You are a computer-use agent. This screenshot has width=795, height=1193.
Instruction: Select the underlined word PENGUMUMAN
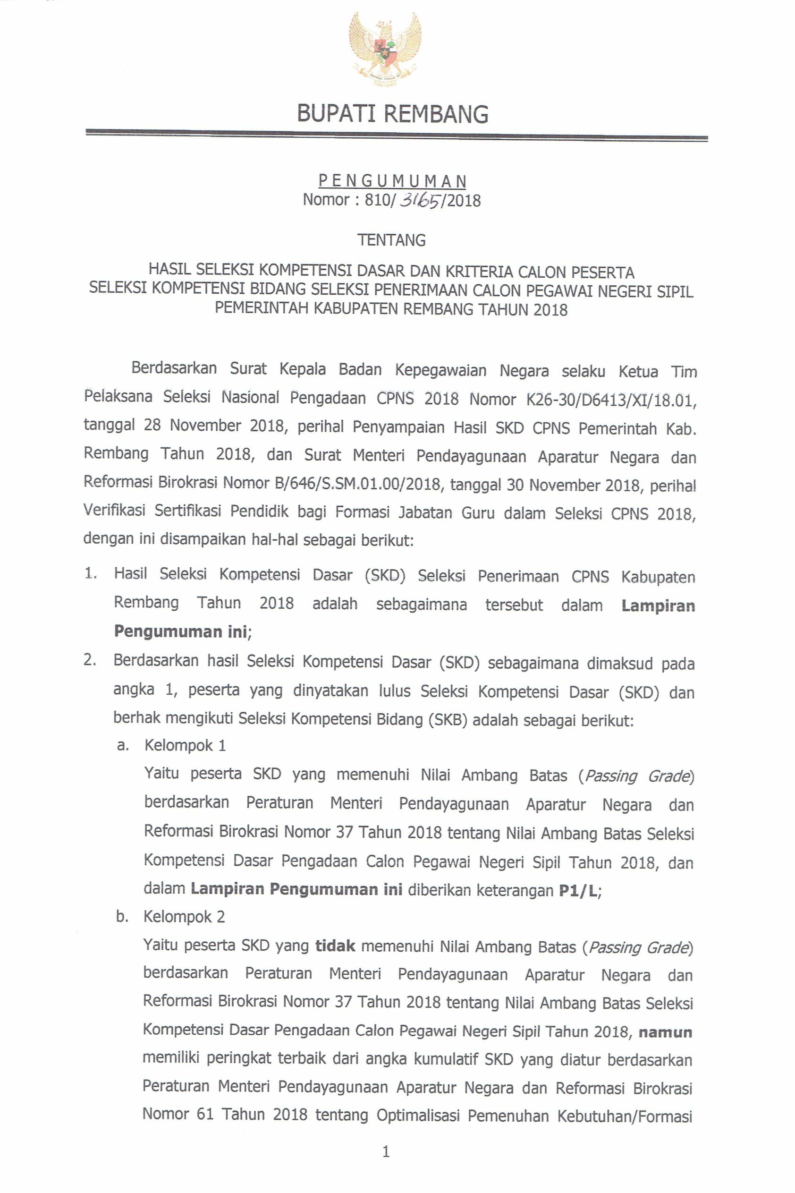392,180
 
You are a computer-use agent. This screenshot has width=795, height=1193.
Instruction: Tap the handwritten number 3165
421,201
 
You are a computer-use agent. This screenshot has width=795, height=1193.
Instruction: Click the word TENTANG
391,240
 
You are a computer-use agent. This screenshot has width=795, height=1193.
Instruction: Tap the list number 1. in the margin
91,574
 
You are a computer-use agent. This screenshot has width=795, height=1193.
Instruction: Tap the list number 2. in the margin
90,660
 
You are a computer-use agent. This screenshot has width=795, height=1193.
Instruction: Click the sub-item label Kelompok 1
185,745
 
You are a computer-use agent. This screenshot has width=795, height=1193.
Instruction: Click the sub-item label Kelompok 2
184,917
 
